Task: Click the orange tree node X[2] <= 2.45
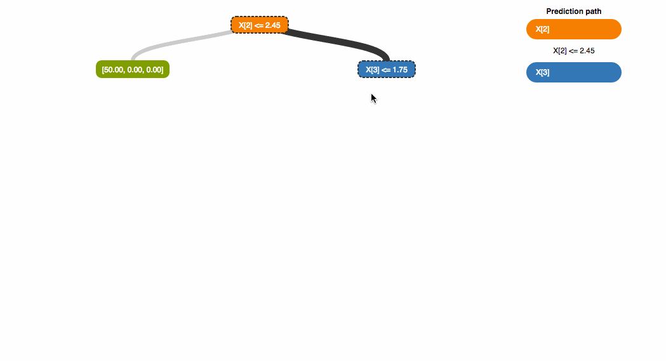point(260,25)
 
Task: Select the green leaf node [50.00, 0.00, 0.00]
point(133,69)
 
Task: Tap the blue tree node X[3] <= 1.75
point(387,69)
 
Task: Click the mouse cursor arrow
point(373,97)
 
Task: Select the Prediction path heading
point(573,11)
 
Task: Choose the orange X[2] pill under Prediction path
point(573,29)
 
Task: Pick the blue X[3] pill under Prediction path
point(573,72)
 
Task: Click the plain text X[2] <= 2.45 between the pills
point(573,51)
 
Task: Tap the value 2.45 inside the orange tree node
point(272,25)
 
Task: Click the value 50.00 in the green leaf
point(115,69)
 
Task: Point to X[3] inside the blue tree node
point(373,69)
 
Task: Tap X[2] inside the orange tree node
point(245,25)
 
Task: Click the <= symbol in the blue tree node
point(387,69)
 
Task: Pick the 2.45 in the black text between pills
point(587,51)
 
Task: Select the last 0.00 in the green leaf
point(154,69)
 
